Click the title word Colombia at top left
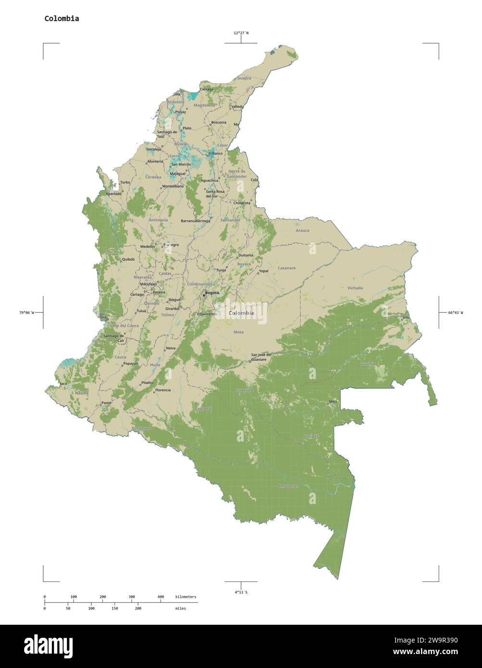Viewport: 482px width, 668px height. pos(62,19)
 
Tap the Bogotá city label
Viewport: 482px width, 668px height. pos(212,293)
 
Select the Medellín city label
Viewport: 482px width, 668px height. pos(148,247)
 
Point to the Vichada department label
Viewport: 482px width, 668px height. pos(355,288)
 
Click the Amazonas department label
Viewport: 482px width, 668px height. pos(288,486)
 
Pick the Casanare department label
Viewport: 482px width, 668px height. pos(286,268)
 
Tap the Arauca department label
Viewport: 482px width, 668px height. pos(303,231)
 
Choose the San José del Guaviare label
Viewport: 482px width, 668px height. pos(261,357)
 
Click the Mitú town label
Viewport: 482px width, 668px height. pos(332,401)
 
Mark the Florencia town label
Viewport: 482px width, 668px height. pos(163,390)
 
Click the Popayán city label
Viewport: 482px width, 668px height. pos(130,364)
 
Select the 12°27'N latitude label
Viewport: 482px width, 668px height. pos(241,33)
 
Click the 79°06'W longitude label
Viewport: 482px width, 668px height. pos(26,313)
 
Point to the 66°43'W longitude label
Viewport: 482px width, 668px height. pos(456,313)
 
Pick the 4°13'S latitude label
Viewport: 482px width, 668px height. pos(241,592)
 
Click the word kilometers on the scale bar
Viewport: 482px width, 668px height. pos(186,597)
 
